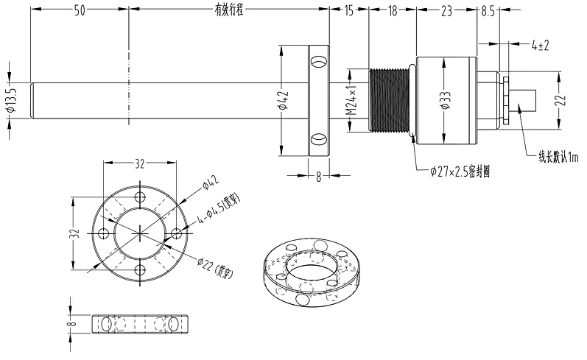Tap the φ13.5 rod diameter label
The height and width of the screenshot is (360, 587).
(10, 99)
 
